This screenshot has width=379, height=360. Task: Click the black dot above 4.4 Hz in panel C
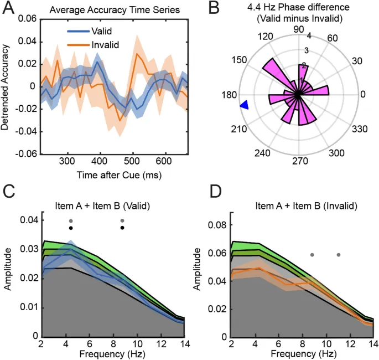[71, 228]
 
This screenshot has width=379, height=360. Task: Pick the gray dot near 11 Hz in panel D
[339, 255]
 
